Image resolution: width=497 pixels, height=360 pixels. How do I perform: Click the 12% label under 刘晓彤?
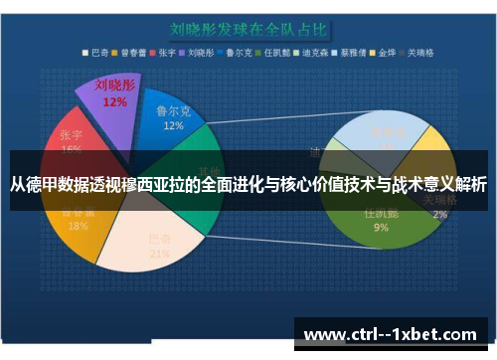coord(114,101)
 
